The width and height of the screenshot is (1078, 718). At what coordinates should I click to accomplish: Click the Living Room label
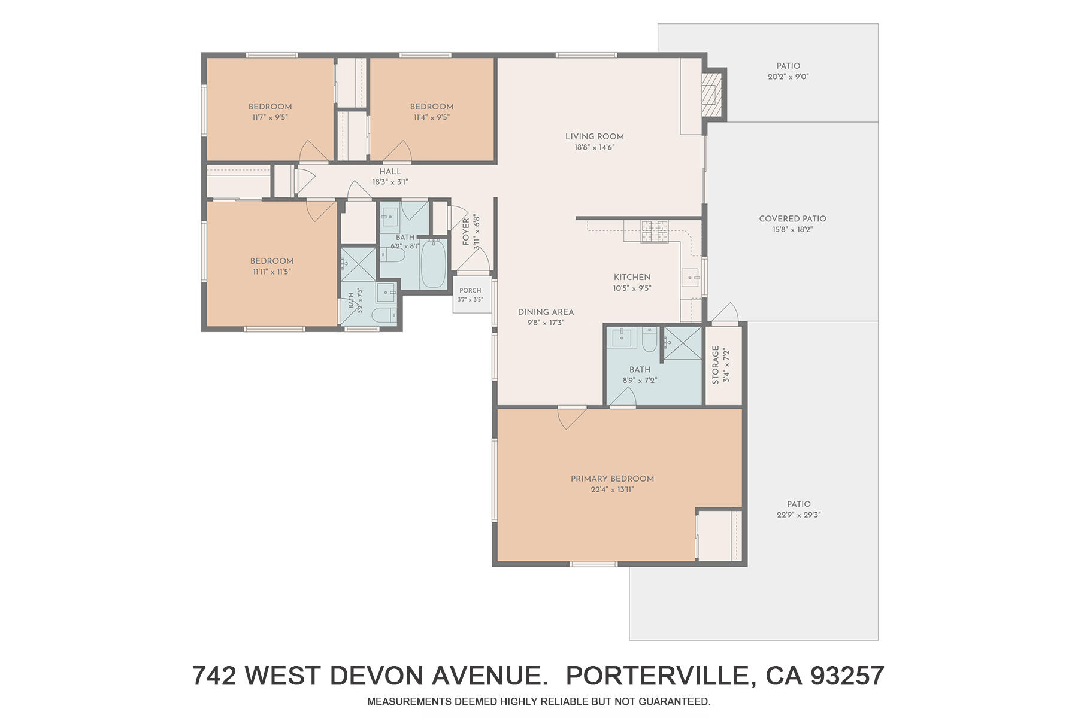pyautogui.click(x=595, y=136)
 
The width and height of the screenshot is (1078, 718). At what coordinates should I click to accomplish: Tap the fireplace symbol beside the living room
pyautogui.click(x=712, y=95)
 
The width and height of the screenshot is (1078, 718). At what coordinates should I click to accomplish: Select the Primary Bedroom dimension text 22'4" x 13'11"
pyautogui.click(x=612, y=489)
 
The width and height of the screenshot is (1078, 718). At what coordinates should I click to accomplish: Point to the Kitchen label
pyautogui.click(x=632, y=277)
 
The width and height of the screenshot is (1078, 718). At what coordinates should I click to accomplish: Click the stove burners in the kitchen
pyautogui.click(x=655, y=232)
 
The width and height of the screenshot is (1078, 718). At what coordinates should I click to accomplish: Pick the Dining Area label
pyautogui.click(x=546, y=312)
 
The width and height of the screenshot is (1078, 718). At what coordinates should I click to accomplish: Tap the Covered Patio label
pyautogui.click(x=792, y=218)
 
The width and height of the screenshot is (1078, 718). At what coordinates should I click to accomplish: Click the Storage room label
pyautogui.click(x=716, y=365)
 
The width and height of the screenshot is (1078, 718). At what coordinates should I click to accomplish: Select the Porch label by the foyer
pyautogui.click(x=470, y=291)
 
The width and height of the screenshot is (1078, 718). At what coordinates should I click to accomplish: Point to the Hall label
pyautogui.click(x=390, y=172)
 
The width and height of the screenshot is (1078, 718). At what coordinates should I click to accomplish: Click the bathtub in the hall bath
pyautogui.click(x=432, y=264)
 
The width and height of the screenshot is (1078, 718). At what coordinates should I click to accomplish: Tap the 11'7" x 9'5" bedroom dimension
pyautogui.click(x=270, y=117)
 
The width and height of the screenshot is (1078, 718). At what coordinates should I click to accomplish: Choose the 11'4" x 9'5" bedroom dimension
pyautogui.click(x=432, y=117)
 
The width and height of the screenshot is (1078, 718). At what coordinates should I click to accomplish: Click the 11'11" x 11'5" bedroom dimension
pyautogui.click(x=271, y=272)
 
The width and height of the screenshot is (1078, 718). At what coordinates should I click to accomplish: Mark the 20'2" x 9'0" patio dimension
pyautogui.click(x=788, y=77)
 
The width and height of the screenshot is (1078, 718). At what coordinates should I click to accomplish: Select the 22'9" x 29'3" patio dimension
pyautogui.click(x=799, y=515)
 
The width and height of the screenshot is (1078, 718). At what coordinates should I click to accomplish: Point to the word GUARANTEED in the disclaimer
pyautogui.click(x=674, y=701)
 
